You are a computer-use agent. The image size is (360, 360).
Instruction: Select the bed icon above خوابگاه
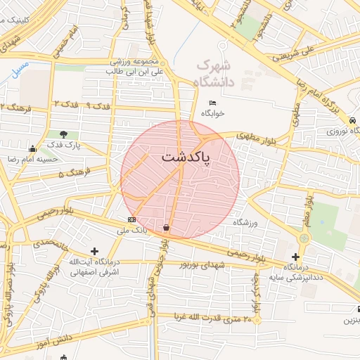click(213, 103)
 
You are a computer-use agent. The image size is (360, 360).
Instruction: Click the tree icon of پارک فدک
click(64, 134)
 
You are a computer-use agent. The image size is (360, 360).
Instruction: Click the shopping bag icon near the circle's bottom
click(166, 227)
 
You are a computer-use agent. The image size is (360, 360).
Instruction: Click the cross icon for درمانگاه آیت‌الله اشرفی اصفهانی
click(95, 251)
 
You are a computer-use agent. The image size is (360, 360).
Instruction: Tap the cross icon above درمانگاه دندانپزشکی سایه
click(295, 257)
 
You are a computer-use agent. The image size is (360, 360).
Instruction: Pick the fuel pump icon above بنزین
click(358, 309)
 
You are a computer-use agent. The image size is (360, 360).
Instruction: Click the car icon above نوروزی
click(356, 120)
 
